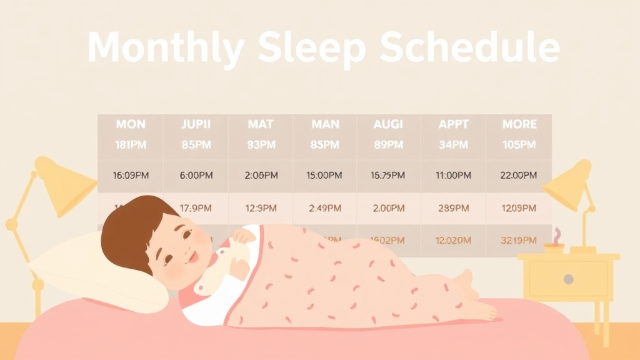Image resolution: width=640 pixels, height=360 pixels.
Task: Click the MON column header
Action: click(x=131, y=124)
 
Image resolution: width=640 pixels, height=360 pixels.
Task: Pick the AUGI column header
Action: click(x=388, y=124)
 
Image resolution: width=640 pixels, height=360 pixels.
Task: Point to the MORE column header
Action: click(x=519, y=124)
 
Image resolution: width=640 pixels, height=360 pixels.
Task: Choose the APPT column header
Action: click(x=453, y=124)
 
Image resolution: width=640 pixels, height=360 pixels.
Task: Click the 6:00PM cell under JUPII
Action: click(x=196, y=176)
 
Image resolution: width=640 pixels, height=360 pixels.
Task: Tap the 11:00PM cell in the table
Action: click(x=453, y=176)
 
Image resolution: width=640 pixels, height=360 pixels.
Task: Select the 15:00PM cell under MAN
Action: click(x=324, y=176)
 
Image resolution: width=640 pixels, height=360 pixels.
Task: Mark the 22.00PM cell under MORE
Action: click(x=519, y=176)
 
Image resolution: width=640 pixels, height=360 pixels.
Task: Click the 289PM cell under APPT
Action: click(x=453, y=208)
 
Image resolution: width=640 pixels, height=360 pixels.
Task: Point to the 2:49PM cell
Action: click(x=324, y=208)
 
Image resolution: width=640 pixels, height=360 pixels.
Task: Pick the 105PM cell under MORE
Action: click(x=519, y=145)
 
